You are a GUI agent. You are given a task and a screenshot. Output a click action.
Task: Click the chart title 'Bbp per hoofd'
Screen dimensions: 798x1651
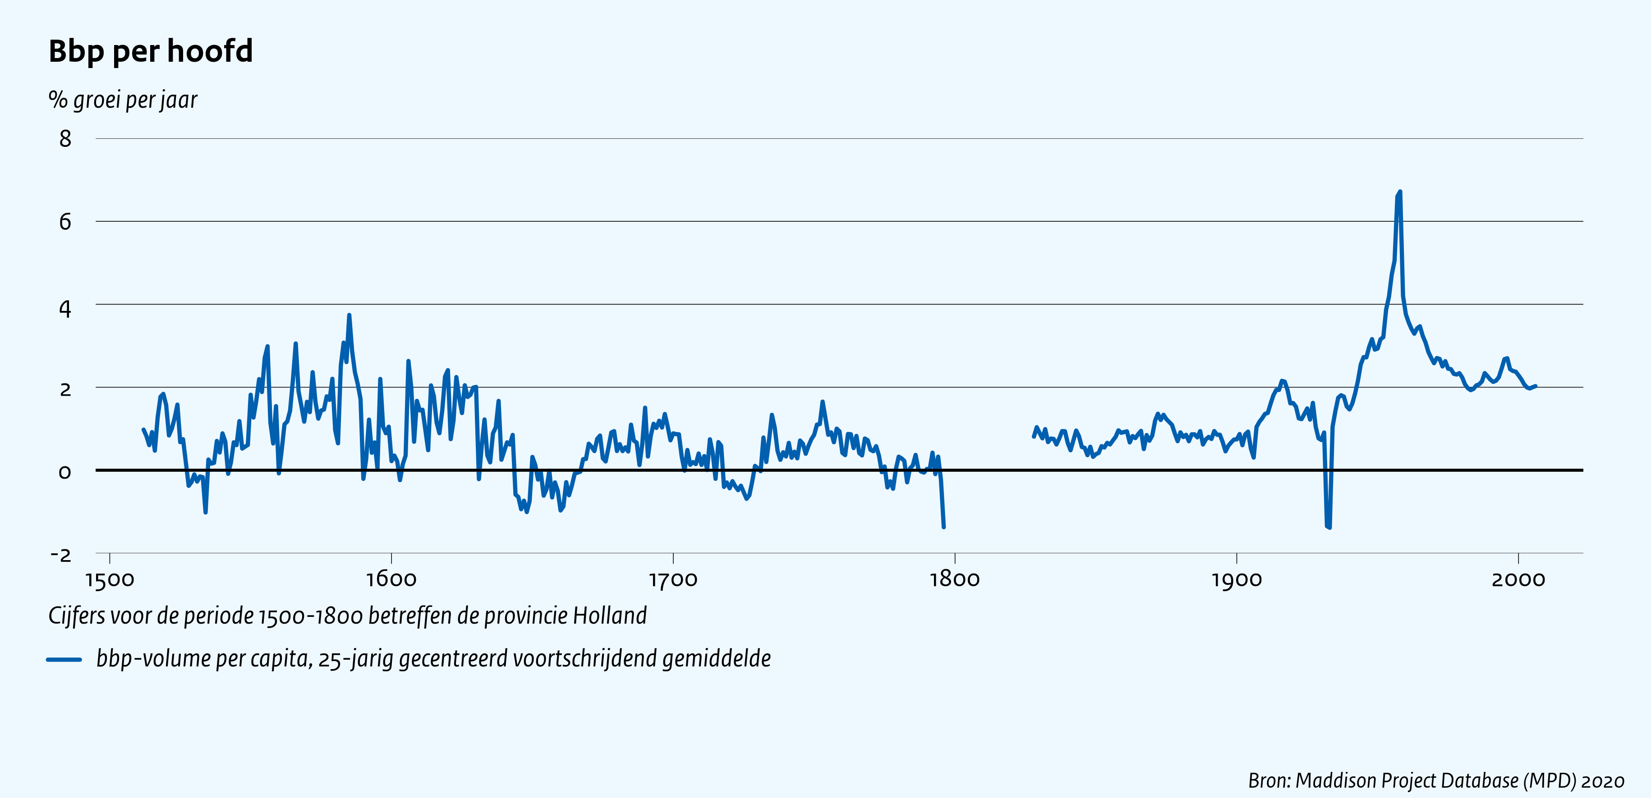point(151,51)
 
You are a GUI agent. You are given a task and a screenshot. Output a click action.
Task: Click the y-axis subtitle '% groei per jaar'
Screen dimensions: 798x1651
point(122,100)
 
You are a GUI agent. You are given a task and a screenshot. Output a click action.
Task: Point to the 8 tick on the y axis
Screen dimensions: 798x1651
point(65,139)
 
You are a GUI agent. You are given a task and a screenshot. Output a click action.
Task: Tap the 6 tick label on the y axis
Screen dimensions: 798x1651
point(65,222)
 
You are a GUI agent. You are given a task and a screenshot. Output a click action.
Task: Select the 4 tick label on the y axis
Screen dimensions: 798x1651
point(65,309)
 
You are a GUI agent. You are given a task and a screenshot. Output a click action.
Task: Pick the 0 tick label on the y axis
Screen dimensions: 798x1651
point(65,472)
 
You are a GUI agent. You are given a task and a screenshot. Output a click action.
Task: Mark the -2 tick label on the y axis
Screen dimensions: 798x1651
point(61,555)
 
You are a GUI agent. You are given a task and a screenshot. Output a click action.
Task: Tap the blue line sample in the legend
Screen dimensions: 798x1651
point(64,659)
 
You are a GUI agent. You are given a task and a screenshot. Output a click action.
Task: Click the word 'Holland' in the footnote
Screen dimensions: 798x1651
point(610,616)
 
